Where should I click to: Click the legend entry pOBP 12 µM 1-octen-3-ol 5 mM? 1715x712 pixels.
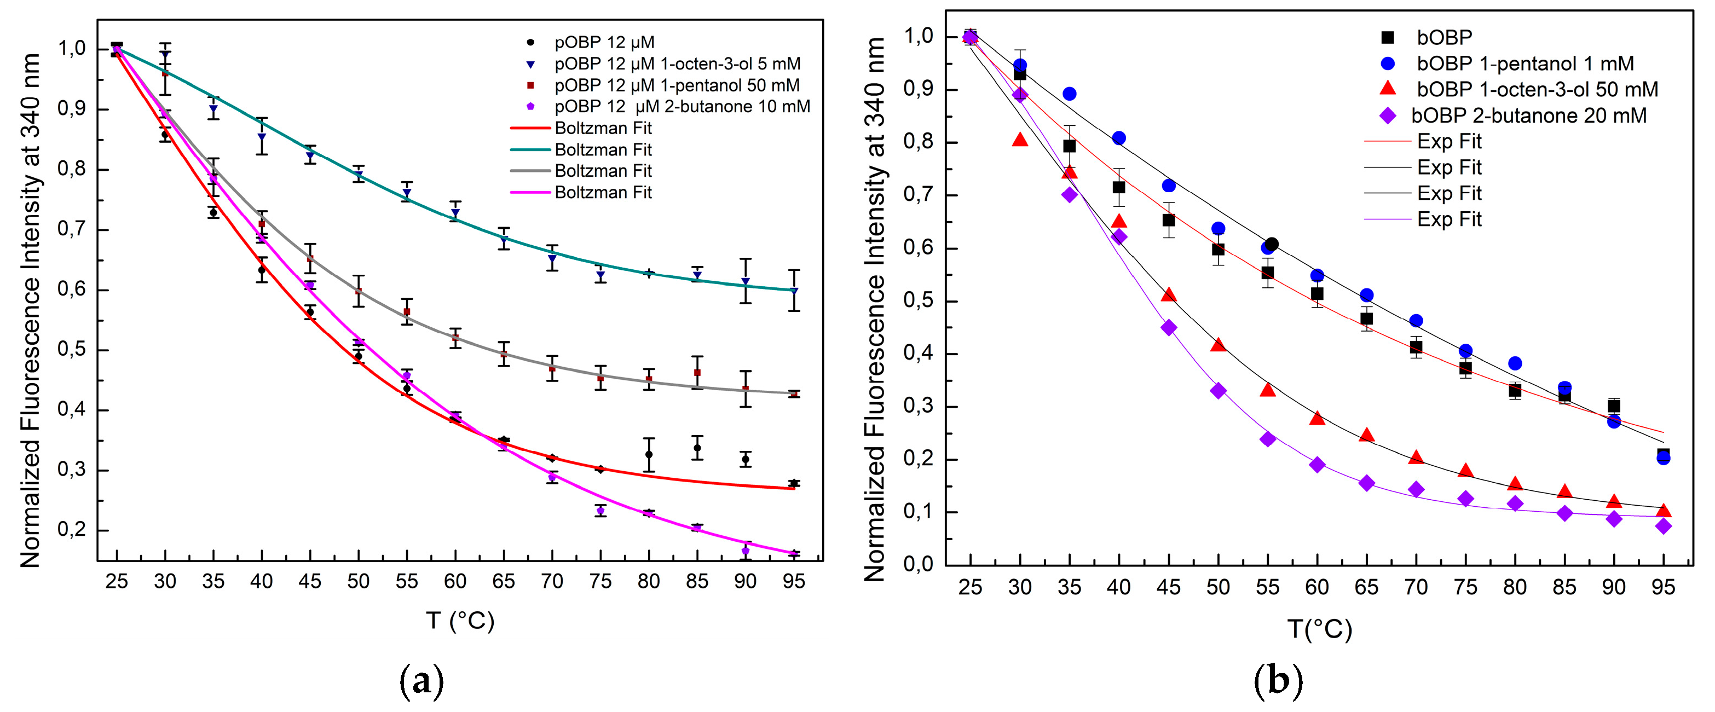(677, 64)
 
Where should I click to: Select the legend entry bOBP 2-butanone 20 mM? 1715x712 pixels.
(1528, 116)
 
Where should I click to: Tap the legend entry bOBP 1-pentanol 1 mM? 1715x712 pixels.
(1525, 64)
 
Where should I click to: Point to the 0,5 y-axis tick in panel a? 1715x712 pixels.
(71, 350)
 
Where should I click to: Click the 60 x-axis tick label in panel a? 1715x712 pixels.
(455, 582)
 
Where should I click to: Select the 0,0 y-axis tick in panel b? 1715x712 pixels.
(919, 564)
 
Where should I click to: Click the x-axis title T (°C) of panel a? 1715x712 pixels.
(460, 621)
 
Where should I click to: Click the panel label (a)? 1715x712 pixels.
(421, 681)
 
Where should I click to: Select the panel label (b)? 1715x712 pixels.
(1278, 681)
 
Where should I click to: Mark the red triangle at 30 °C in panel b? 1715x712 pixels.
(1020, 140)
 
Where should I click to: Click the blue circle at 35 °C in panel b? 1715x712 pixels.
(1069, 94)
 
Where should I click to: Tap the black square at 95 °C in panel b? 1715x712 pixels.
(1663, 454)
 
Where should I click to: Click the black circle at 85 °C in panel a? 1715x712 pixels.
(697, 448)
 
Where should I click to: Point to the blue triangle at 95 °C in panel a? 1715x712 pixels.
(794, 291)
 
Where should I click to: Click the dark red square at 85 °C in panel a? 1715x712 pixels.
(697, 373)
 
